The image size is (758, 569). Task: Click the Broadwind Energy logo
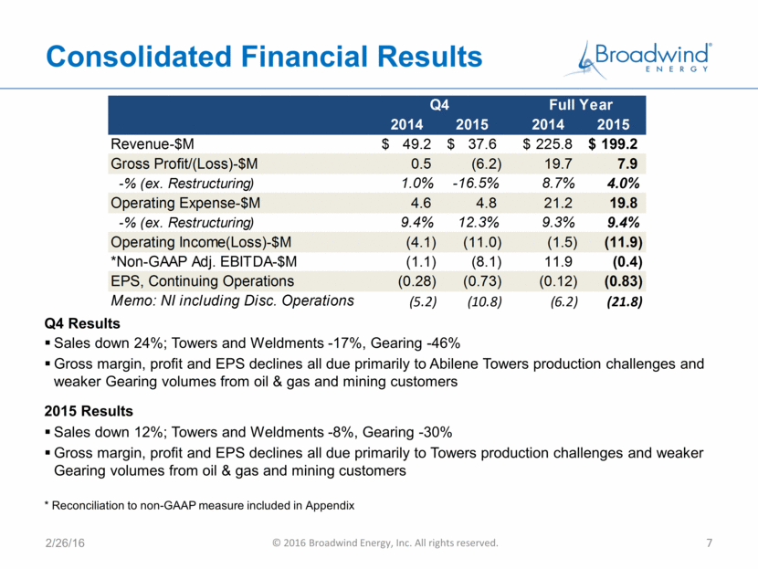point(637,60)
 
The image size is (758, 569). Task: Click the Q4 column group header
point(439,104)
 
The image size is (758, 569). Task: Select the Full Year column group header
point(581,104)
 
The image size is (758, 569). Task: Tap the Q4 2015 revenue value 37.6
point(482,144)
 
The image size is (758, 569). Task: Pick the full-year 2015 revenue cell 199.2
point(619,144)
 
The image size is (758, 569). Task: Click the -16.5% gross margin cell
point(476,184)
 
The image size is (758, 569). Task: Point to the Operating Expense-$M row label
point(185,203)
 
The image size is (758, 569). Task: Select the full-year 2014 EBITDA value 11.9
point(558,262)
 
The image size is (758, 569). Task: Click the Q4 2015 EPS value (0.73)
point(482,281)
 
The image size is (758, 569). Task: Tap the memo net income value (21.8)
point(625,302)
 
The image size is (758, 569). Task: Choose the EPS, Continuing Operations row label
point(202,281)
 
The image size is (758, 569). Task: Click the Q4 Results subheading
point(82,323)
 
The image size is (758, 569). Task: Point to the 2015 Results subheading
point(89,411)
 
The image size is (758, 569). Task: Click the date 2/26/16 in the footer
point(65,543)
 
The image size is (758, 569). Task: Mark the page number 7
point(710,543)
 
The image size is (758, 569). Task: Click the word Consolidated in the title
point(139,57)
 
